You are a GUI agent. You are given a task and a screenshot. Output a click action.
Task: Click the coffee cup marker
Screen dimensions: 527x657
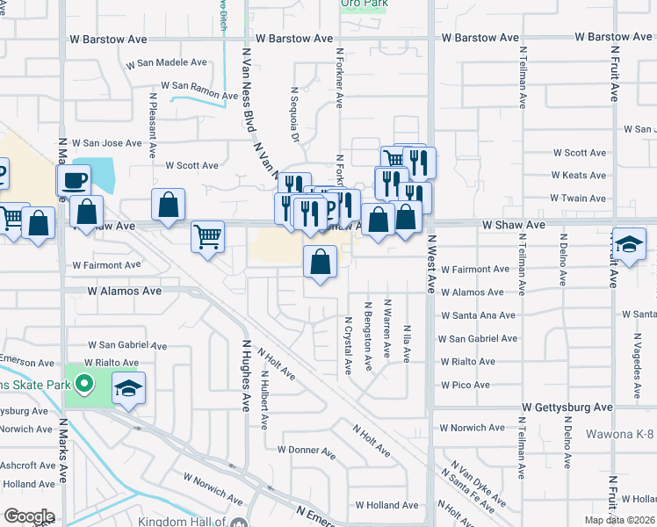[74, 181]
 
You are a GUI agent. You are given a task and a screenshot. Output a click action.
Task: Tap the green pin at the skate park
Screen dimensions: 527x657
[84, 384]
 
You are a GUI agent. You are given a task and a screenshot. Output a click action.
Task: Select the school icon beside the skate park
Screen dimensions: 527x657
[128, 388]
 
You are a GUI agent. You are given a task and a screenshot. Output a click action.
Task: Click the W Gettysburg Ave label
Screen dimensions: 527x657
[567, 408]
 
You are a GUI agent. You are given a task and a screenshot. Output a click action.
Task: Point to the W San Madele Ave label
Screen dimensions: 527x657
[166, 64]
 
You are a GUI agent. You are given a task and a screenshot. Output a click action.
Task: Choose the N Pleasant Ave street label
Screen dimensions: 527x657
[153, 119]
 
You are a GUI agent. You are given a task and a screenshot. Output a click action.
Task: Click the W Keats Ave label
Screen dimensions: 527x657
[579, 176]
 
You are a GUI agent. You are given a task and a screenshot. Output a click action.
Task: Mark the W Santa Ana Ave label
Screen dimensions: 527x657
[478, 315]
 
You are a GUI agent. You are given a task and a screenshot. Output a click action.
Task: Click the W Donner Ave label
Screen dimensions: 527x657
[307, 450]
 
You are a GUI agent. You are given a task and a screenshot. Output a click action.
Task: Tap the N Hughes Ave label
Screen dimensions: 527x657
[248, 378]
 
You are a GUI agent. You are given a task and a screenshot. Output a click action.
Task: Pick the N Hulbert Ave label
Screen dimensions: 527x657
[264, 400]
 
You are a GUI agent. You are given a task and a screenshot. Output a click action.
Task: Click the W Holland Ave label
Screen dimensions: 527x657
[386, 505]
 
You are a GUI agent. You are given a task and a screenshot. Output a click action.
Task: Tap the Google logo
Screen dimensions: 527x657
[29, 516]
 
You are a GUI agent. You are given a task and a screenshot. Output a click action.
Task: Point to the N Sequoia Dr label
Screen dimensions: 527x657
[295, 114]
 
